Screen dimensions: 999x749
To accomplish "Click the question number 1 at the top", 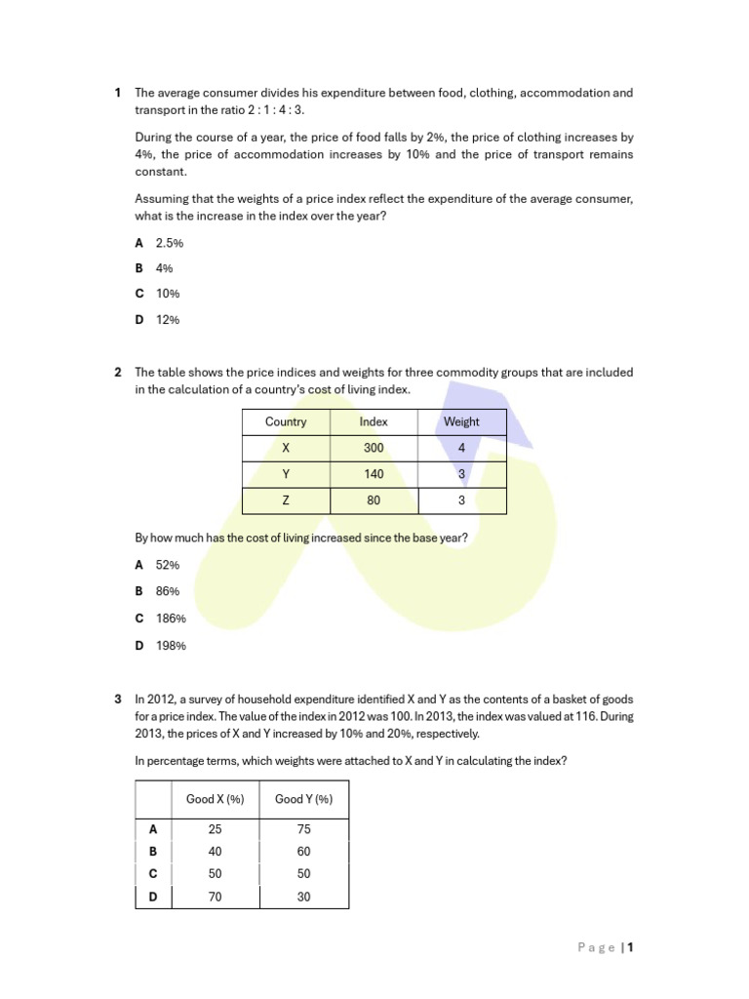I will coord(118,93).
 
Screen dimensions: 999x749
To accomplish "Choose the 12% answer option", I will coord(167,319).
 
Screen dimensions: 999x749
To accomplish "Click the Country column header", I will coord(286,421).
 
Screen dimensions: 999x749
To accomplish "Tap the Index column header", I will coord(374,421).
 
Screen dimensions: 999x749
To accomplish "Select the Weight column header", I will coord(461,421).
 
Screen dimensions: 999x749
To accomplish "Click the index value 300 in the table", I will coord(374,448).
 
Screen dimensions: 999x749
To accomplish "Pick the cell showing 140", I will coord(374,474).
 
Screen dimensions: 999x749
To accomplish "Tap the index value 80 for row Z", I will coord(374,500).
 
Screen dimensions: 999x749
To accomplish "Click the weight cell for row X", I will coord(461,448).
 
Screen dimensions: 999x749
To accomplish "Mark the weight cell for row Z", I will coord(461,500).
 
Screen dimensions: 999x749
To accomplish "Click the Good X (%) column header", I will coord(216,799).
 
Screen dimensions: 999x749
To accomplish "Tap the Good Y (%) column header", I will coord(303,799).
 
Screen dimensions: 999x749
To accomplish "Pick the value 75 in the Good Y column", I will coord(303,828).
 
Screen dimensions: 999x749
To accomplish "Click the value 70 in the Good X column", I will coord(216,897).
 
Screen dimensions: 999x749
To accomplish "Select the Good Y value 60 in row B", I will coord(303,851).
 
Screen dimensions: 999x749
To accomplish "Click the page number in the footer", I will coord(631,946).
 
